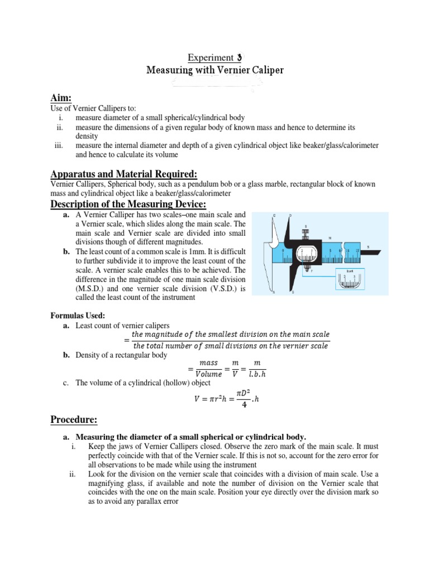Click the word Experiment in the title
209,58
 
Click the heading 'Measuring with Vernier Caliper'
215,70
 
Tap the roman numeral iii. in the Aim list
59,145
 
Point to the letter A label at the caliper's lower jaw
273,292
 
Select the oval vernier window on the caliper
306,251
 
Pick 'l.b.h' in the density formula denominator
257,374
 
